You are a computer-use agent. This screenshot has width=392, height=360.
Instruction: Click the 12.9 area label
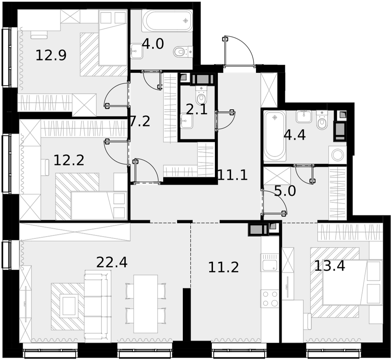(x=51, y=55)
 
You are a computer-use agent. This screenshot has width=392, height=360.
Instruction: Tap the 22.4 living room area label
(x=112, y=262)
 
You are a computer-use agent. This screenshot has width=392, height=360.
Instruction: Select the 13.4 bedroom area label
(x=329, y=266)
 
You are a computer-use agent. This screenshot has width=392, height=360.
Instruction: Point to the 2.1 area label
(x=197, y=110)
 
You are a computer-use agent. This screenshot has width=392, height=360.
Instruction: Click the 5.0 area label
(x=285, y=191)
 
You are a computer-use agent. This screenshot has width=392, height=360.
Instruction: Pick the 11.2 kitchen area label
(x=223, y=267)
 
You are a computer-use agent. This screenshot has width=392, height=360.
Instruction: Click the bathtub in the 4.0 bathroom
(x=167, y=21)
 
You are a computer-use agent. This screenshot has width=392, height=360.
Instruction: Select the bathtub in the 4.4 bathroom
(x=275, y=136)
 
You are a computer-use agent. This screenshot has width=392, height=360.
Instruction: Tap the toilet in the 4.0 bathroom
(x=183, y=52)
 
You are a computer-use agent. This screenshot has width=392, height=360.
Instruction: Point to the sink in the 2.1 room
(x=187, y=121)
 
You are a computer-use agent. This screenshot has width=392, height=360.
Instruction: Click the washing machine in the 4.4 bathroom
(x=337, y=155)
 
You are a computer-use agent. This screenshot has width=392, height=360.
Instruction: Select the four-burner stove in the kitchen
(x=270, y=299)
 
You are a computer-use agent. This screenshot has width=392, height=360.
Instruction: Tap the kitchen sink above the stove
(x=269, y=262)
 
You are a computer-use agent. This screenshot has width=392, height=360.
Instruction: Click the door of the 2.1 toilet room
(x=225, y=120)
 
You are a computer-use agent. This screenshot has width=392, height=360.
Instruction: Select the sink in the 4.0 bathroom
(x=137, y=51)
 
